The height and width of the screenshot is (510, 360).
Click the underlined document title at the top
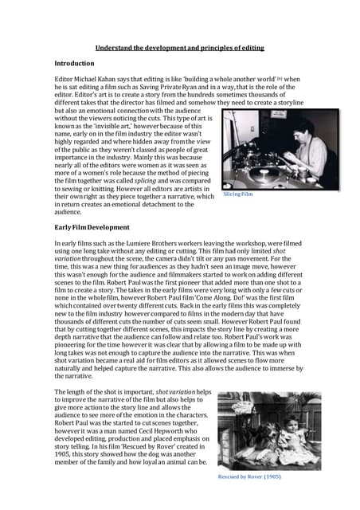[180, 48]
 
